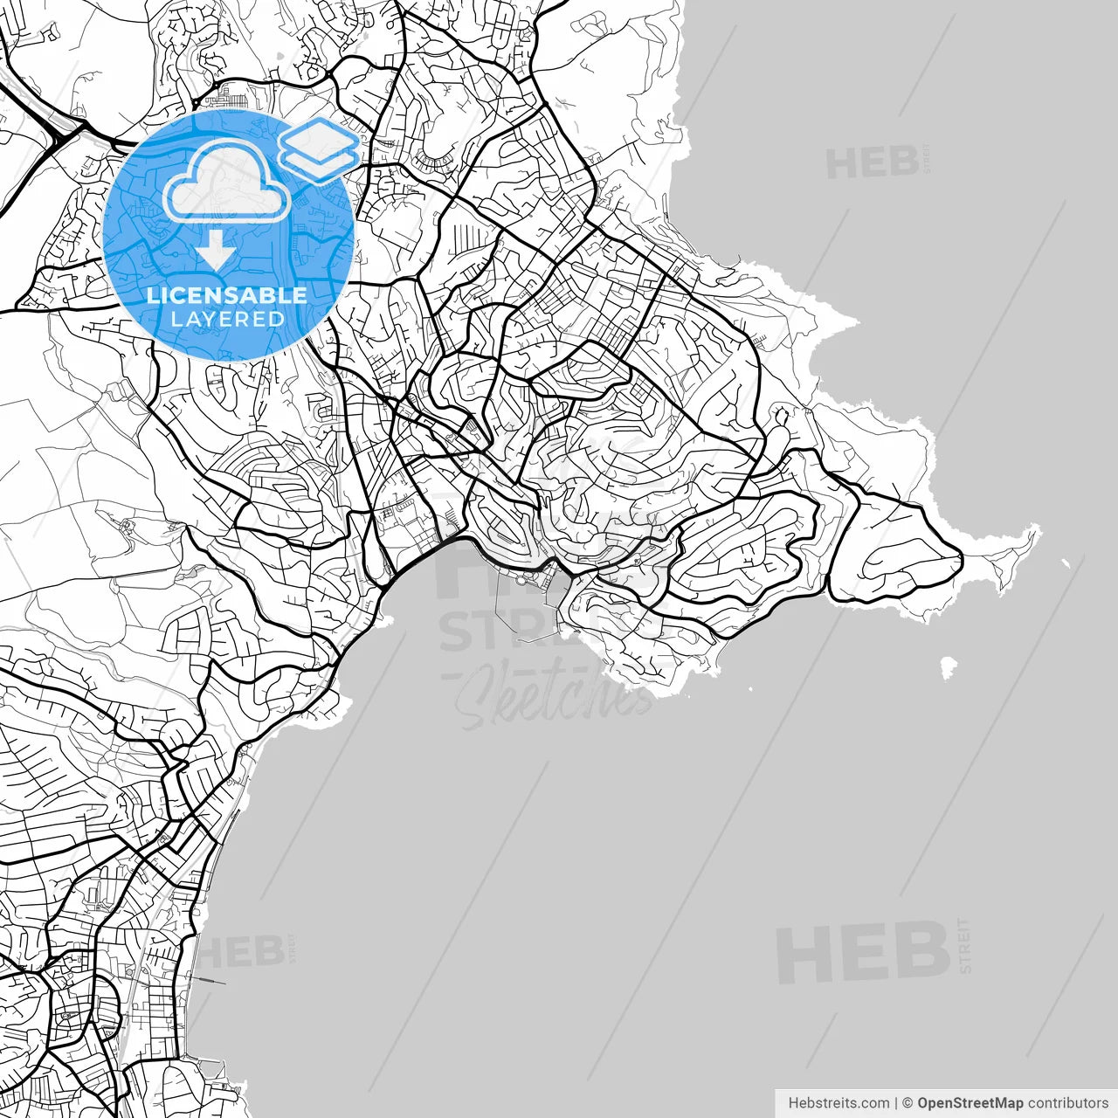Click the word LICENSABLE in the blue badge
pos(227,295)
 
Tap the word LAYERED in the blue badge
pos(227,319)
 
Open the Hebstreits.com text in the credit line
pos(838,1103)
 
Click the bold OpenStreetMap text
pos(970,1103)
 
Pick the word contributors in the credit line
pos(1067,1103)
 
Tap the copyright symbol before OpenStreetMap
pos(908,1103)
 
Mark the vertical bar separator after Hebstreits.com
pos(896,1103)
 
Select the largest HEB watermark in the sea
pos(862,952)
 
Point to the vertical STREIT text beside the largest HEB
pos(964,945)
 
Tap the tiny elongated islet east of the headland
pos(1066,563)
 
